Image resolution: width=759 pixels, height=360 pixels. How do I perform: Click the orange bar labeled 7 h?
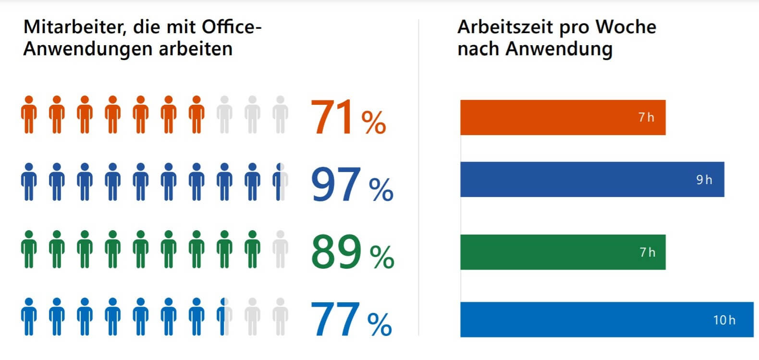pos(563,117)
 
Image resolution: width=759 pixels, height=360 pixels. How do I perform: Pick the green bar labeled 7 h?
pos(563,252)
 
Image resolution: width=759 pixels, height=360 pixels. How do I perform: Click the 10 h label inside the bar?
pos(724,320)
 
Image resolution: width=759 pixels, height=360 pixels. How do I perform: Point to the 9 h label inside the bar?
pos(704,180)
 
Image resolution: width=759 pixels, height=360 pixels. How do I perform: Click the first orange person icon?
pos(29,114)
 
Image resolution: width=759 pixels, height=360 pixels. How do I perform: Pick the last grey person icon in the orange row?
pos(280,114)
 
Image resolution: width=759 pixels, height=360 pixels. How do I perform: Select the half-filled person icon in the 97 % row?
pos(280,182)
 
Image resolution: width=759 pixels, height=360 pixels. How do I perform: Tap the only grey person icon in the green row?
pos(280,249)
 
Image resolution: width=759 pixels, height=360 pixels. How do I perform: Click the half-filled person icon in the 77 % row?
pos(224,316)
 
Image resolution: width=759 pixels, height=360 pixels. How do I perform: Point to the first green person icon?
pos(29,249)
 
